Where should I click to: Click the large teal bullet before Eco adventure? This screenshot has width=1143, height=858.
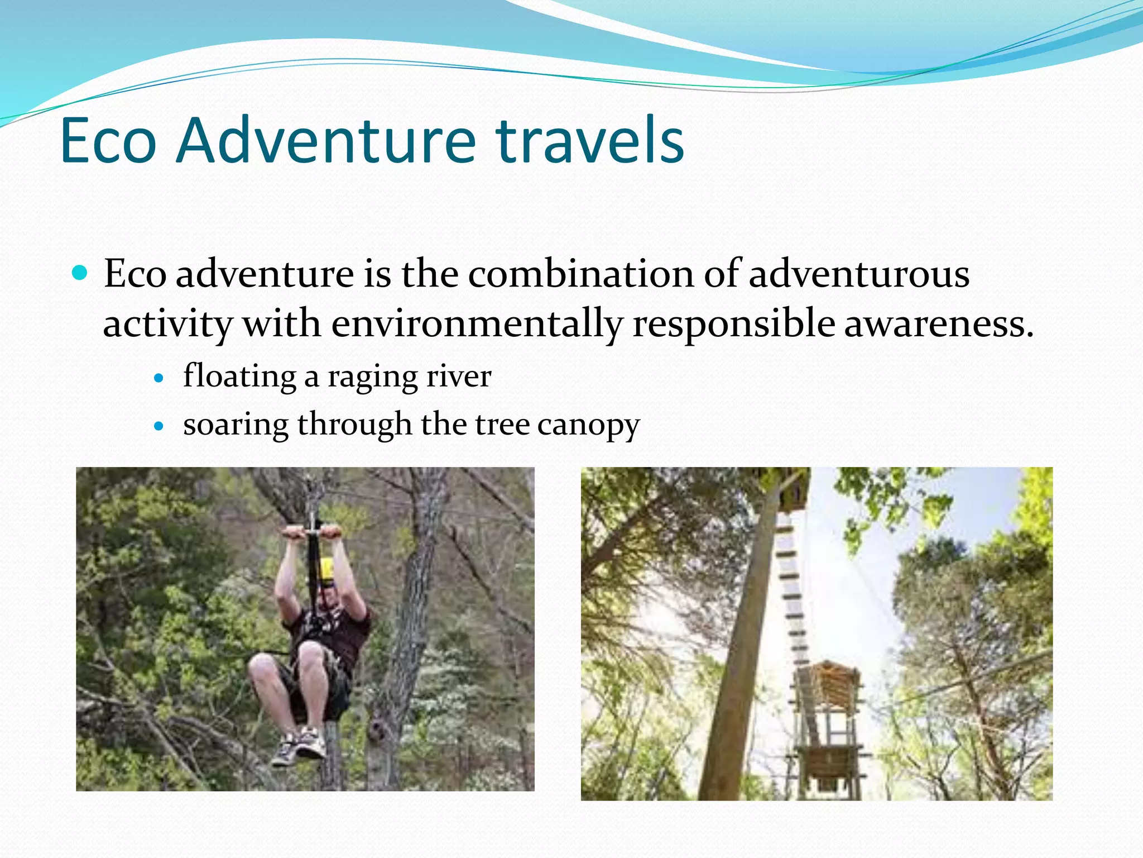click(81, 273)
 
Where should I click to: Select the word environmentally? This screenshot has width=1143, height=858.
click(477, 324)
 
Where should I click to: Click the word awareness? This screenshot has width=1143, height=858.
click(938, 324)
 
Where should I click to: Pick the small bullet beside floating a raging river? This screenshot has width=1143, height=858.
click(160, 378)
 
